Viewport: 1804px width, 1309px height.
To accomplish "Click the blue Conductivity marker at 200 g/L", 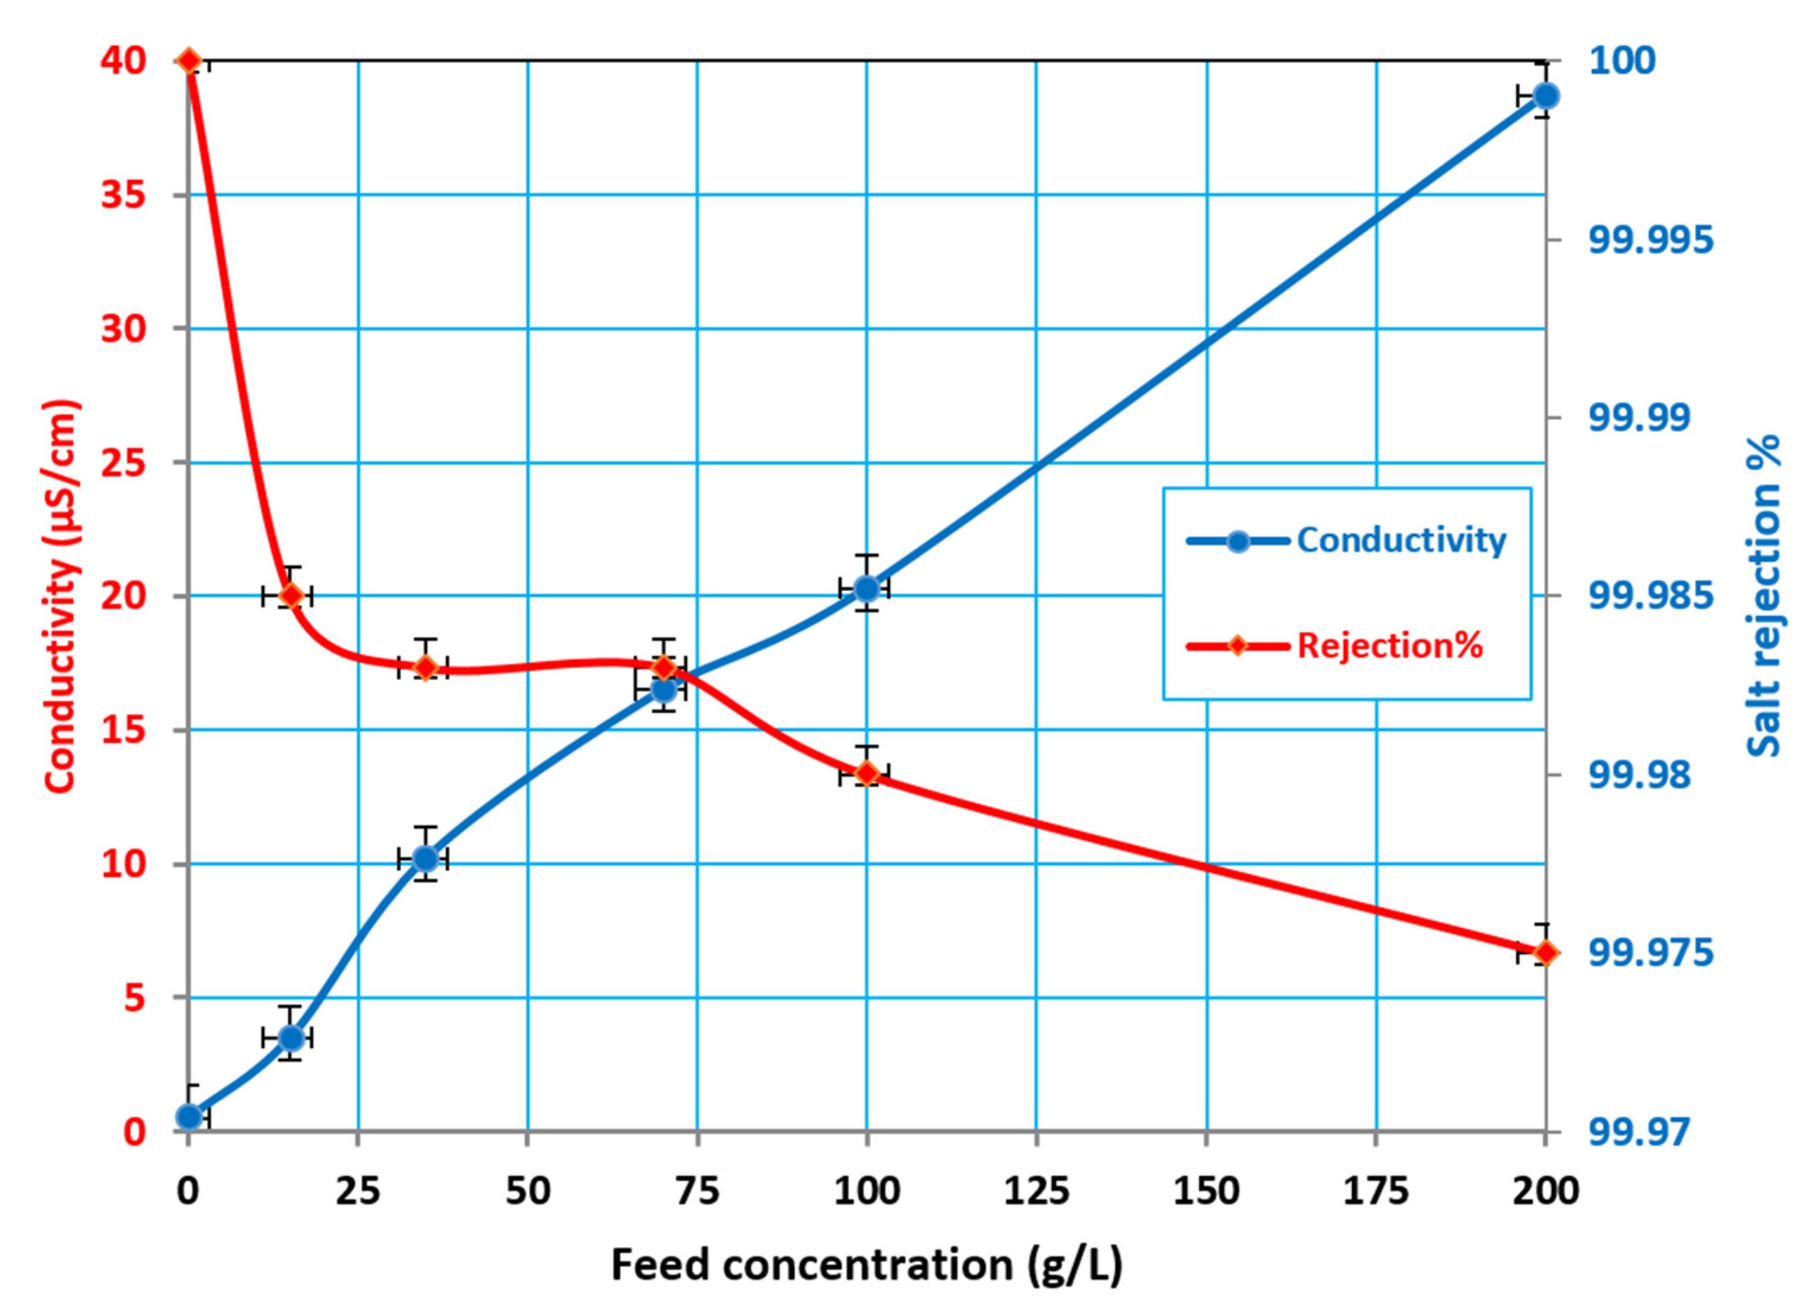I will [x=1545, y=96].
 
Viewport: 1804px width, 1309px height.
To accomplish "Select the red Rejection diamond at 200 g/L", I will [x=1545, y=952].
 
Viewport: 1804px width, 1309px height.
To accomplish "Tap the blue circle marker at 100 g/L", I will [x=866, y=588].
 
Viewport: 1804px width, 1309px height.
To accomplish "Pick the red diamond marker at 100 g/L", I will [x=866, y=773].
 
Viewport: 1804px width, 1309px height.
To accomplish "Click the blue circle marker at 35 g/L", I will [x=426, y=859].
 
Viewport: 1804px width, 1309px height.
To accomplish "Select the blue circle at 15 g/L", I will [x=292, y=1038].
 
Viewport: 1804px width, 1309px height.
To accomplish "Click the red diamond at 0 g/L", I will [x=189, y=61].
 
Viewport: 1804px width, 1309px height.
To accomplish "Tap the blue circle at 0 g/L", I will [x=189, y=1117].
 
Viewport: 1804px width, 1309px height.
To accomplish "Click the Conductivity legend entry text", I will [x=1402, y=540].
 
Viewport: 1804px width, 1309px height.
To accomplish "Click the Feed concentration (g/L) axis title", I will [x=866, y=1264].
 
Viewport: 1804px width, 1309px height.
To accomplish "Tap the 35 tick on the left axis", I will [x=124, y=195].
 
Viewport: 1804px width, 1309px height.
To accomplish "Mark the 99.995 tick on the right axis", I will [x=1650, y=239].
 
